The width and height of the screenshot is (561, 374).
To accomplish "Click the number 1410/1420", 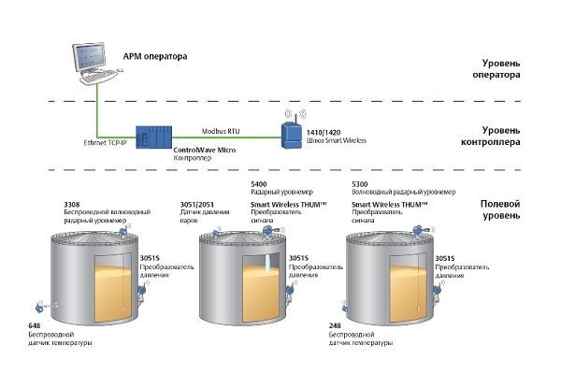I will coord(324,134).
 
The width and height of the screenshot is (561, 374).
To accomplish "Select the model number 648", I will coord(36,325).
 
